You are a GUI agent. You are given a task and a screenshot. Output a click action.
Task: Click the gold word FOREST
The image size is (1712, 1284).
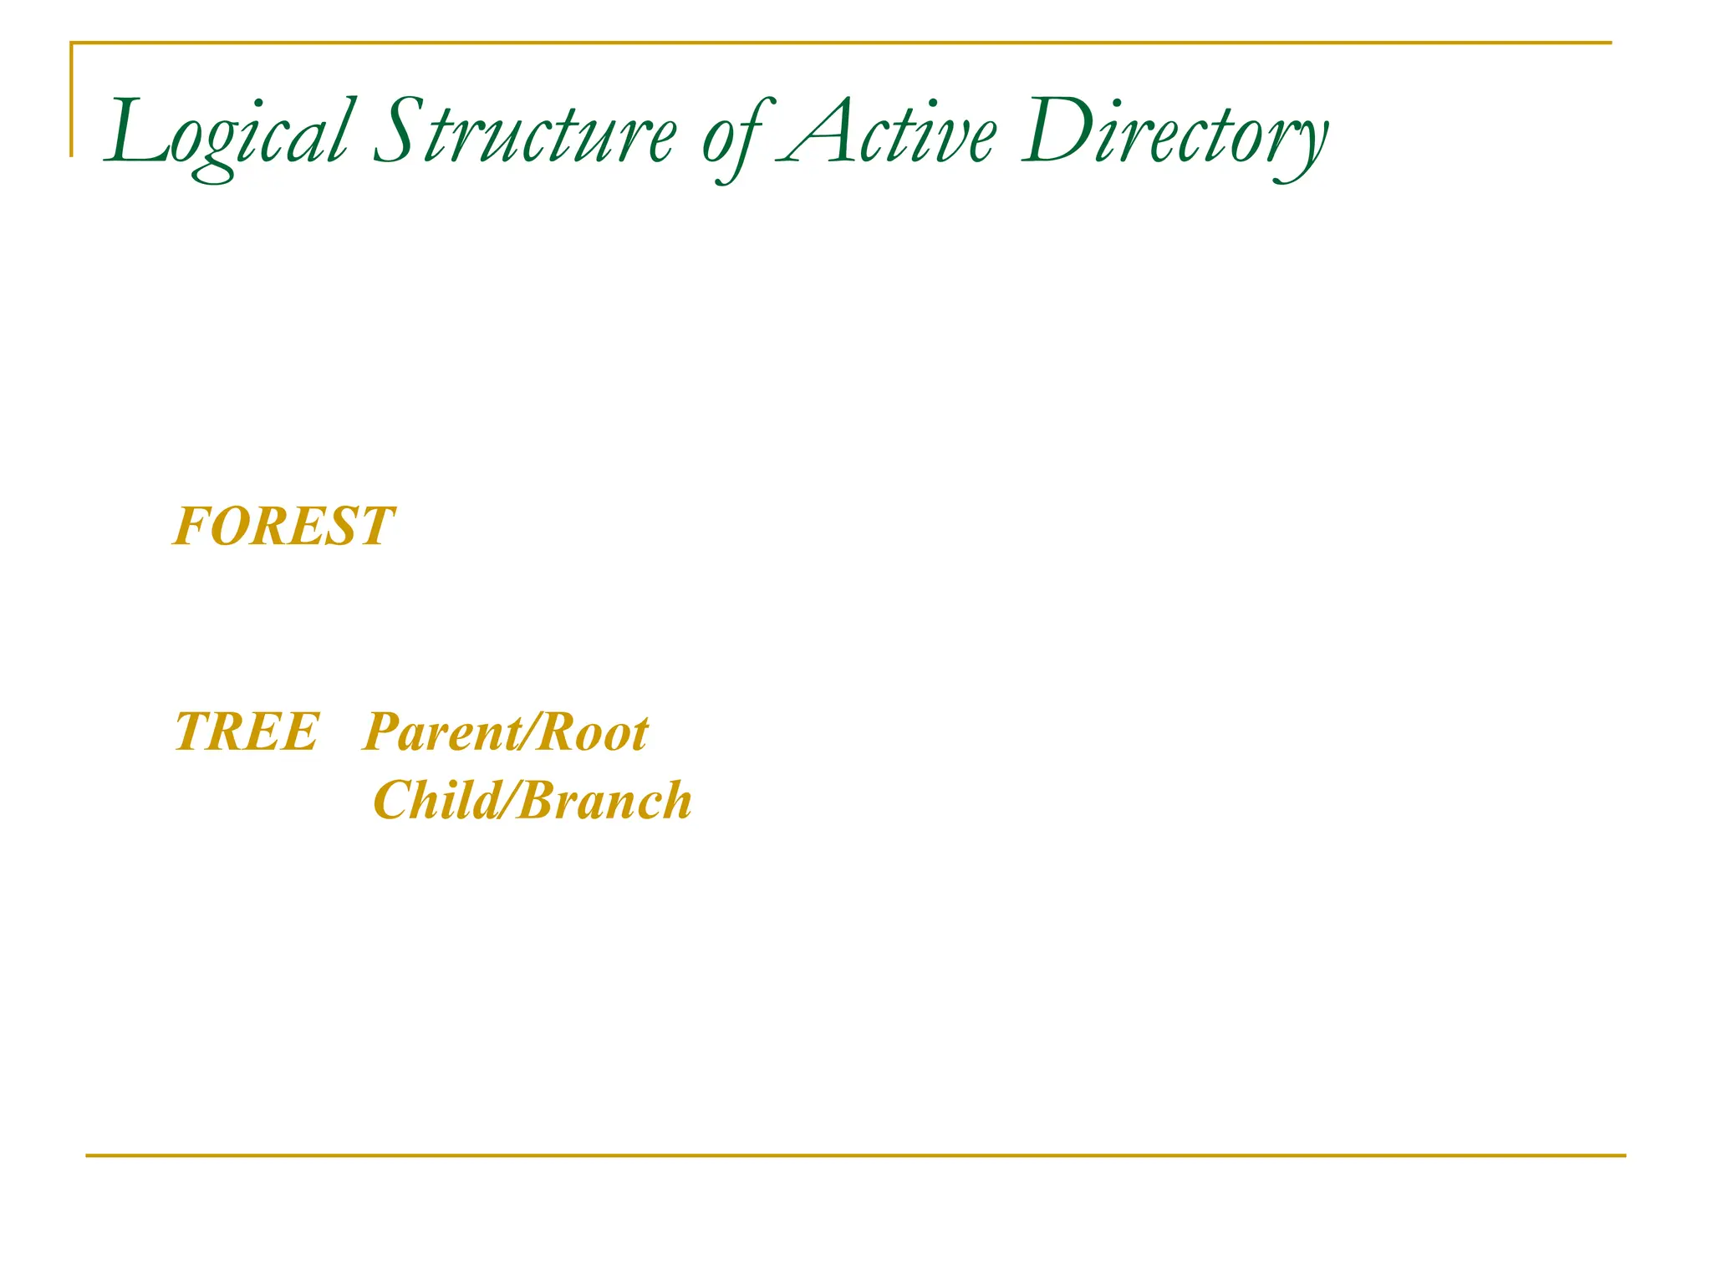(x=283, y=527)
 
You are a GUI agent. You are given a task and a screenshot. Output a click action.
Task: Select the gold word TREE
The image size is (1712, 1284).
(x=247, y=732)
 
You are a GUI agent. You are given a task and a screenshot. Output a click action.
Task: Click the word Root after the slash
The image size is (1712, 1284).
(x=593, y=734)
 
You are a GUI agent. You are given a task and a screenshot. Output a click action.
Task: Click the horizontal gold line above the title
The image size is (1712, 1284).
(x=836, y=42)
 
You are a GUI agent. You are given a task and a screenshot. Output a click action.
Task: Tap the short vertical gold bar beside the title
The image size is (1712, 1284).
(x=71, y=100)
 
